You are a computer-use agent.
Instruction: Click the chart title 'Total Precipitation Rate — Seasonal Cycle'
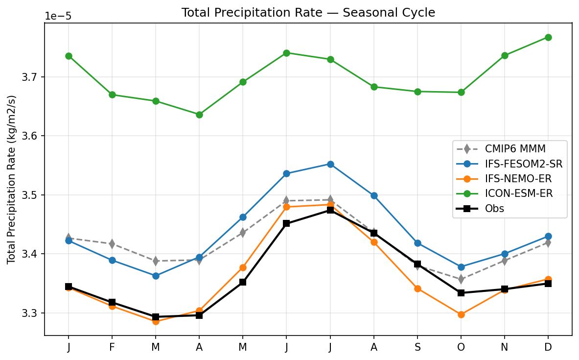click(308, 13)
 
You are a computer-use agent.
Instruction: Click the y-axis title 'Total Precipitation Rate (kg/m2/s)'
click(11, 179)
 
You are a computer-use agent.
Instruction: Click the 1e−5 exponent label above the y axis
click(58, 16)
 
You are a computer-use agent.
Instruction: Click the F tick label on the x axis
click(112, 347)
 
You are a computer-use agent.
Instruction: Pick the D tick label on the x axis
click(548, 347)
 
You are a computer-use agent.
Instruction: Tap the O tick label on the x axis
click(461, 347)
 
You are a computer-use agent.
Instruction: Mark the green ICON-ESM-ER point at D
click(548, 37)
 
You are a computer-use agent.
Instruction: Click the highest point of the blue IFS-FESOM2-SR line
click(330, 164)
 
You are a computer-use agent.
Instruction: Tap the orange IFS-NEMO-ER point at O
click(461, 314)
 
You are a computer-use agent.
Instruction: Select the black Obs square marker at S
click(417, 264)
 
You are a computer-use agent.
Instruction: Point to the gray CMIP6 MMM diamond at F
click(112, 243)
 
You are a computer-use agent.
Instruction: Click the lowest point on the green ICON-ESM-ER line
click(199, 115)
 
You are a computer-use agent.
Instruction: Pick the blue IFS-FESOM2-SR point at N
click(505, 254)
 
